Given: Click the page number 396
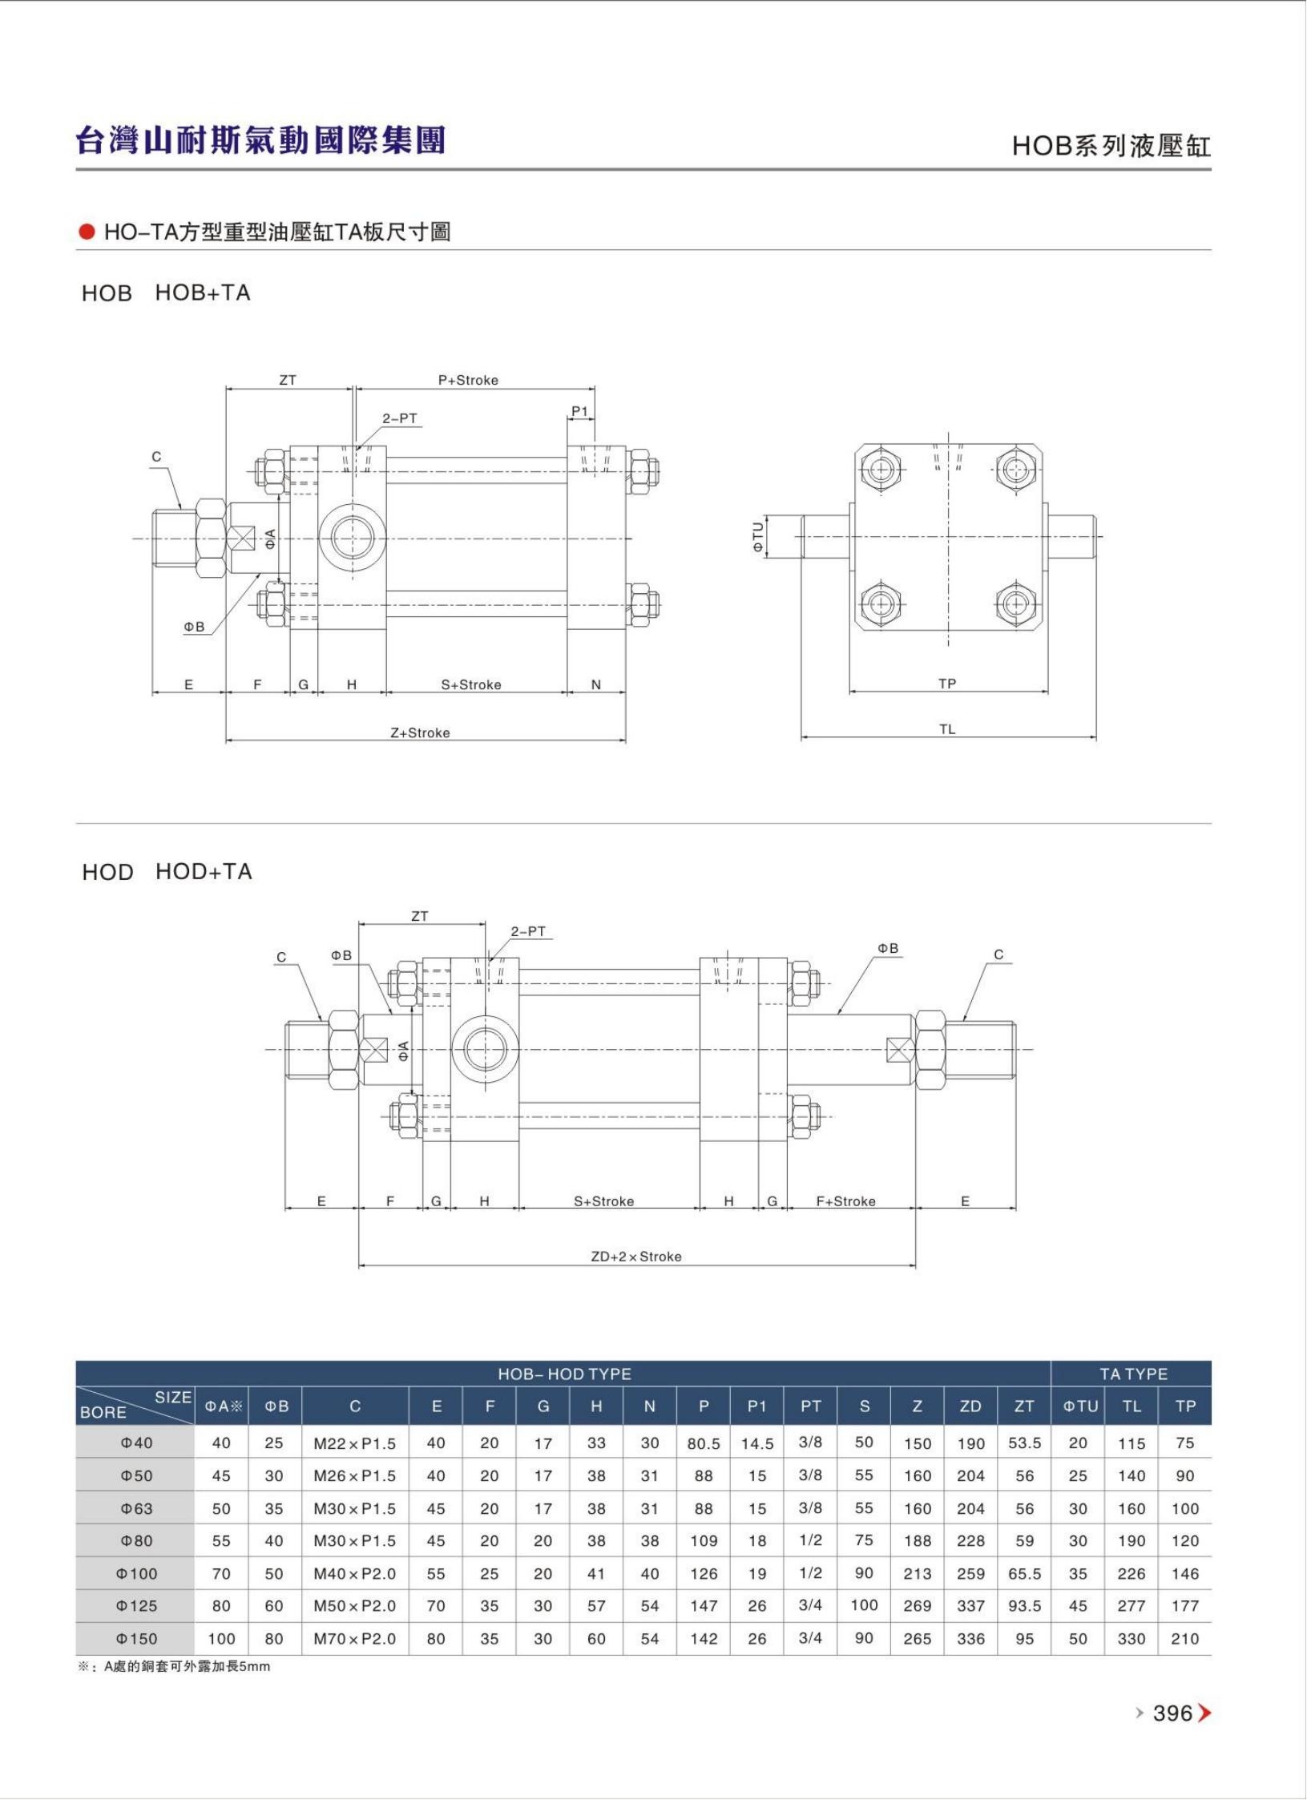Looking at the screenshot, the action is click(x=1172, y=1713).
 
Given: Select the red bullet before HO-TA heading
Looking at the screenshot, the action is click(x=87, y=232).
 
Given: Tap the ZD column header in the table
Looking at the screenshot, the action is click(x=970, y=1407).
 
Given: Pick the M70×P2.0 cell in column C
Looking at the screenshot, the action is click(x=355, y=1639).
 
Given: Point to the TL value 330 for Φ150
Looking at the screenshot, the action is click(x=1132, y=1639).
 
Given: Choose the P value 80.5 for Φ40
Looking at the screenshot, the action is click(x=704, y=1444).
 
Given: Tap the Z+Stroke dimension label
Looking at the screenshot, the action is click(x=420, y=733).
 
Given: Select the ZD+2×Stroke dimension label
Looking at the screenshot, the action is click(x=636, y=1257).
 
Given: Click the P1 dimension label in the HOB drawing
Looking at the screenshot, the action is click(x=579, y=411).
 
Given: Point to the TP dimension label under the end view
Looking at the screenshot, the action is click(x=947, y=684).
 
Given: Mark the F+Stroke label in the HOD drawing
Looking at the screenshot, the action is click(x=845, y=1201).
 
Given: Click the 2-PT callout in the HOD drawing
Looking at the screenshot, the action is click(x=528, y=931).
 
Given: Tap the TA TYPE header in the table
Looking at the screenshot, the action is click(x=1133, y=1374).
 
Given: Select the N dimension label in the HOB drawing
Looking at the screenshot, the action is click(x=596, y=684).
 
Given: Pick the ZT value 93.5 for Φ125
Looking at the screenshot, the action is click(x=1024, y=1606).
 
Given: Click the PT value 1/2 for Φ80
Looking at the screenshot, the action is click(x=810, y=1540).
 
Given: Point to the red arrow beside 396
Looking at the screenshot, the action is click(x=1204, y=1713).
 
